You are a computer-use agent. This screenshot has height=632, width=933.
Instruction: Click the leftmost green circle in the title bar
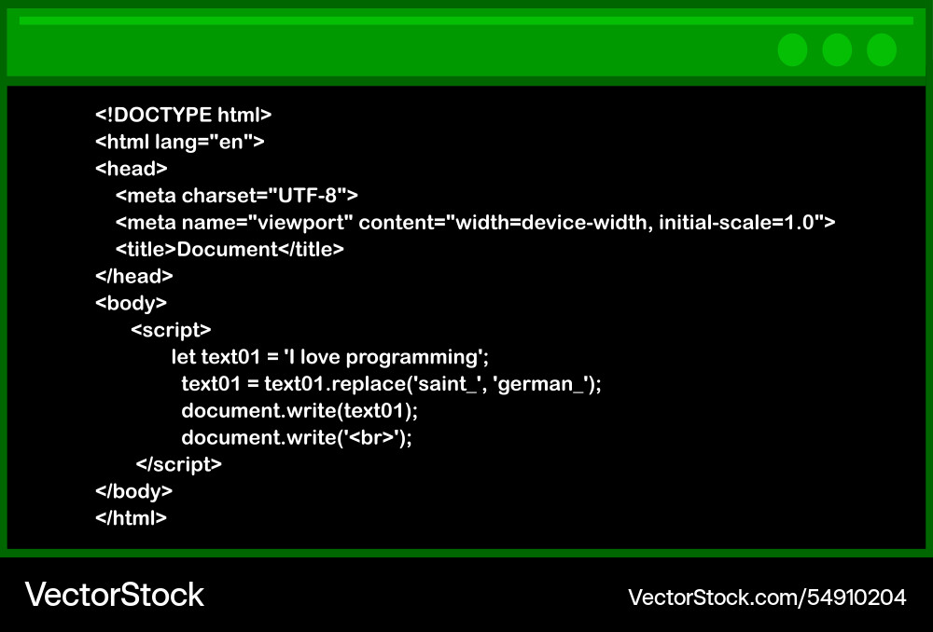tap(792, 50)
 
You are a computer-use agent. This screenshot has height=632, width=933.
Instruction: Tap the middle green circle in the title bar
tap(837, 50)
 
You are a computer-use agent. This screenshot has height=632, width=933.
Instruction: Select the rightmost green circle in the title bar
tap(882, 50)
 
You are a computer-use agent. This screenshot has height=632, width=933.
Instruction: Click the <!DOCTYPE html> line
tap(183, 115)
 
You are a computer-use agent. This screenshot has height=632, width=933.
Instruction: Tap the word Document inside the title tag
tap(228, 249)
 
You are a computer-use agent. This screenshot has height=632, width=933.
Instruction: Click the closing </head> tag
tap(133, 276)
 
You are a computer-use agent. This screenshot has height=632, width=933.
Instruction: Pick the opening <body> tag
tap(131, 303)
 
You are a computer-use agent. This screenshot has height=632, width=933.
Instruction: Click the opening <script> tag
tap(171, 330)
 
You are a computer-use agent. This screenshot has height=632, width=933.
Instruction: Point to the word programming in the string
tap(412, 357)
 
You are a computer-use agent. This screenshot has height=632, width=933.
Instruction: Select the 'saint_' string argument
tap(445, 384)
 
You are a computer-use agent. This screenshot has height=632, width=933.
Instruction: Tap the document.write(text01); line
tap(299, 411)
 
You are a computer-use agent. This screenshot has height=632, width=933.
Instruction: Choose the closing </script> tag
tap(178, 464)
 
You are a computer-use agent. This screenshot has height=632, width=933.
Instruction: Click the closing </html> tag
tap(131, 518)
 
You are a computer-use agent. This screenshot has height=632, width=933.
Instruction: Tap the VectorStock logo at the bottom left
tap(114, 595)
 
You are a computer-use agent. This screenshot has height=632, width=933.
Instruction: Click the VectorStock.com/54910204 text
tap(767, 597)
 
